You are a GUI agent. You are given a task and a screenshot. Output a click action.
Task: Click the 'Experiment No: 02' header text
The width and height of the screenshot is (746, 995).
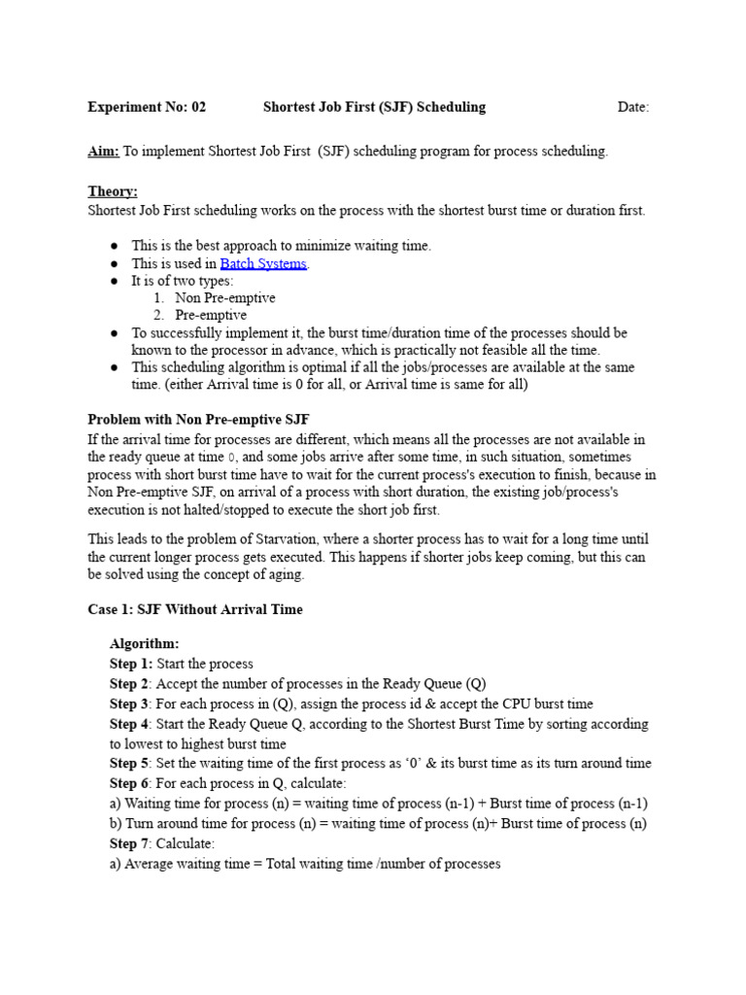[x=147, y=107]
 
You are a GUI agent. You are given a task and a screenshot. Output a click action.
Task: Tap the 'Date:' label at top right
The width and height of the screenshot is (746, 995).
[x=633, y=107]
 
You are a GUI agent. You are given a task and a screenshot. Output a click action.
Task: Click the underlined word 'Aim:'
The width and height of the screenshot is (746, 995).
[x=104, y=152]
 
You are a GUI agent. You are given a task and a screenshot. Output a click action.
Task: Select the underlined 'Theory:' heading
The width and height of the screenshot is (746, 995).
[x=113, y=192]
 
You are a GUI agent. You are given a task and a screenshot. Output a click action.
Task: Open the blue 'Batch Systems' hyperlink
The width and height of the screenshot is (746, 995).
[x=263, y=263]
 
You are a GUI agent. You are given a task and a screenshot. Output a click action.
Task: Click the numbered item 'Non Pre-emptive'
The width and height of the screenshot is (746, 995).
[x=224, y=298]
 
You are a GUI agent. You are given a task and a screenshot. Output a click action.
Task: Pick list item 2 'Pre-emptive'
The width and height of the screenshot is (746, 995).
[x=211, y=316]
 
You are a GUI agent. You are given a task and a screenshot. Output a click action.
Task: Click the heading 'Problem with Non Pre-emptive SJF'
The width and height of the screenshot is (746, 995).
[x=198, y=419]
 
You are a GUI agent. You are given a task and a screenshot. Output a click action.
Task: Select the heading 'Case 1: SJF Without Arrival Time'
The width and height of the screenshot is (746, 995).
[x=195, y=609]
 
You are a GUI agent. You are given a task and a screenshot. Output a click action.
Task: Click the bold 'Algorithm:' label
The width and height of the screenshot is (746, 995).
[x=144, y=644]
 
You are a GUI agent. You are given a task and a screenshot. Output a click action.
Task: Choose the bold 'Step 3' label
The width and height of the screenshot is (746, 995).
[x=129, y=703]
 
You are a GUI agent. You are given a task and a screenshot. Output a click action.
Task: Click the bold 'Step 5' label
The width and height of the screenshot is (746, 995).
[x=129, y=764]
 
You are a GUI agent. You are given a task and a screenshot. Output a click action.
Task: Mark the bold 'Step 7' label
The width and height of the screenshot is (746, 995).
[x=129, y=843]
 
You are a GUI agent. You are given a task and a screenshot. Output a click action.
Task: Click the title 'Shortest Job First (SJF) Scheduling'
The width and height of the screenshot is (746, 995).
[x=374, y=107]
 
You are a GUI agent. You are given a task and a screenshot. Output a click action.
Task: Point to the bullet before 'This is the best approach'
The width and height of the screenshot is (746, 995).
[x=113, y=246]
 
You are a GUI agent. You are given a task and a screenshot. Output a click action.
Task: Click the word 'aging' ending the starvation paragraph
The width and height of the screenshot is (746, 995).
[x=284, y=574]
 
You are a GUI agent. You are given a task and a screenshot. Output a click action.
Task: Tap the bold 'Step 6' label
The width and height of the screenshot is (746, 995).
[x=129, y=783]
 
